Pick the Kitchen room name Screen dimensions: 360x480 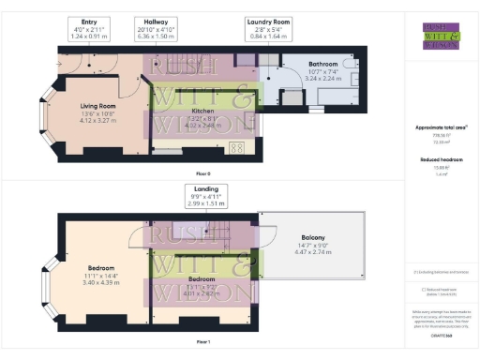click(x=203, y=111)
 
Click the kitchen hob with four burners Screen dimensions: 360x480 click(x=235, y=147)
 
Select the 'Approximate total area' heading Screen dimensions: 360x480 click(x=441, y=127)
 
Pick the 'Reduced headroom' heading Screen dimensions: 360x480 click(x=441, y=160)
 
